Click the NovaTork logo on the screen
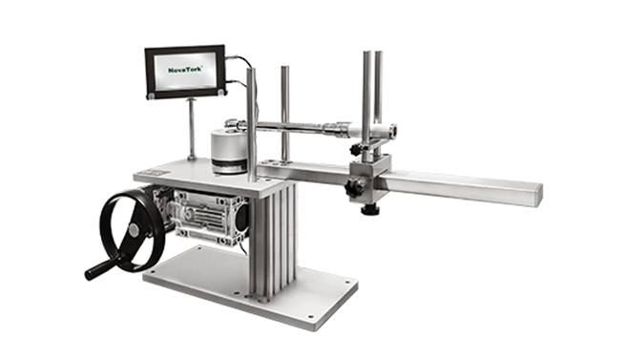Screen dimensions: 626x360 click(185, 70)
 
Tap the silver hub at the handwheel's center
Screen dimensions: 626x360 click(134, 228)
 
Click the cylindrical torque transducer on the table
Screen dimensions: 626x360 click(230, 151)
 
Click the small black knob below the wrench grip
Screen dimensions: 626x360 click(357, 150)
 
